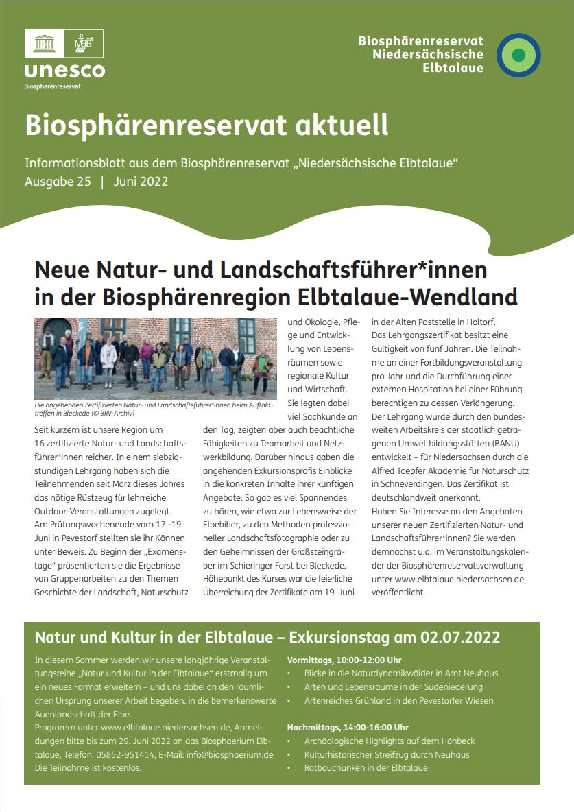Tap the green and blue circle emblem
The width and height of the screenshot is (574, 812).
coord(518,55)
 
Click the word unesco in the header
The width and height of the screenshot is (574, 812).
coord(64,71)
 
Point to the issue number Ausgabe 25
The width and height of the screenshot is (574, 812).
coord(58,182)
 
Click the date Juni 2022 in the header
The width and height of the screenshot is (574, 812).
coord(141,182)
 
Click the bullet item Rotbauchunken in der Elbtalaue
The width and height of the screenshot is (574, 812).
coord(366,767)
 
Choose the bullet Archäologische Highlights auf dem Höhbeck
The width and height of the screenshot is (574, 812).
coord(389,741)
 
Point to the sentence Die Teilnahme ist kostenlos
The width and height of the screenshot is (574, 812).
coord(88,767)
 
